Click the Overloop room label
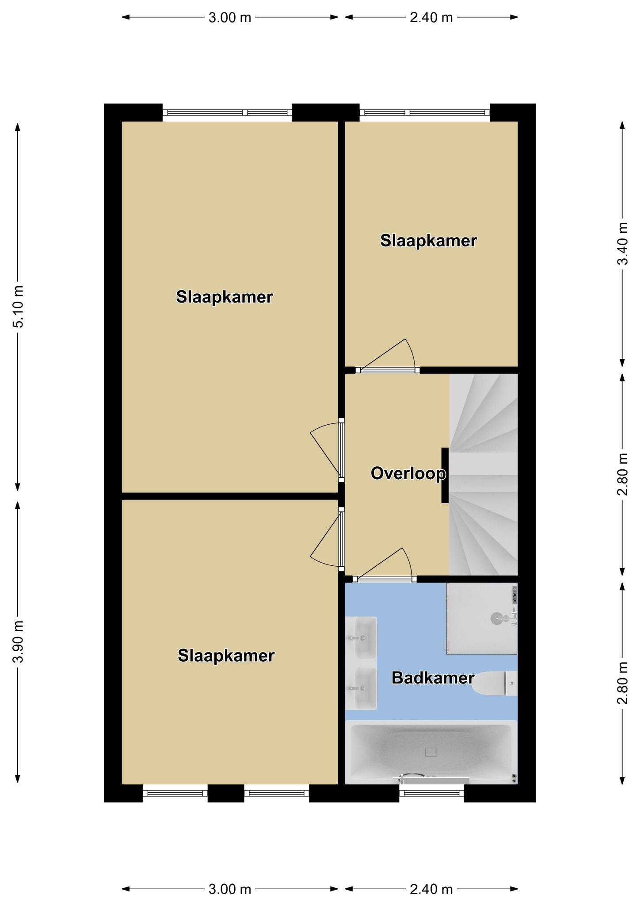coord(408,473)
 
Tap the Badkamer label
coord(433,678)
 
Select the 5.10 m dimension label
coord(19,307)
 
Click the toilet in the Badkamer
coord(494,683)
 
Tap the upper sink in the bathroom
coord(361,638)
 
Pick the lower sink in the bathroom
coord(361,688)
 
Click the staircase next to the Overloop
coord(484,474)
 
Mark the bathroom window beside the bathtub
coord(432,793)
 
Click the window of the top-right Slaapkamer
coord(425,112)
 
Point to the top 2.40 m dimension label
coord(431,18)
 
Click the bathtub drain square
coord(431,752)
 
